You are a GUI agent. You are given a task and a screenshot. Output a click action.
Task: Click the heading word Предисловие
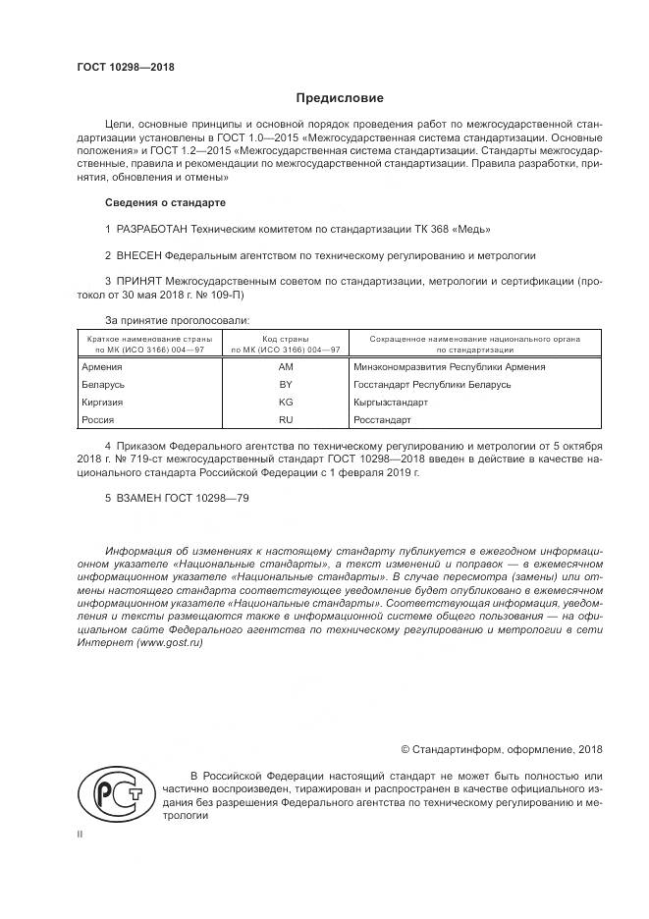340,98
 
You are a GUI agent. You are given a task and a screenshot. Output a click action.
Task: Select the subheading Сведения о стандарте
164,202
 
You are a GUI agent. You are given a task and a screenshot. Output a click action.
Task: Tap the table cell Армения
102,366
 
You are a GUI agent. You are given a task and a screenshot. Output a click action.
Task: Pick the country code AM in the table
286,366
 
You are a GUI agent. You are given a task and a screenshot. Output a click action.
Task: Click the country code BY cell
286,384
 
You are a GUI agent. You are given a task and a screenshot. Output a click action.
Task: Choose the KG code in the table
286,402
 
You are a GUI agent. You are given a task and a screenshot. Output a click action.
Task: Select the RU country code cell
286,419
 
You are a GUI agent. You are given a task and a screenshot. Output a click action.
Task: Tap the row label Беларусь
104,384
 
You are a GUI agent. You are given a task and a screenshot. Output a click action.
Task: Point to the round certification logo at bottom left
114,792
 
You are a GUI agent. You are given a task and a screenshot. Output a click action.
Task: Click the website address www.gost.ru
169,642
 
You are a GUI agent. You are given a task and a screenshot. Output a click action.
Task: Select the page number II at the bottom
80,835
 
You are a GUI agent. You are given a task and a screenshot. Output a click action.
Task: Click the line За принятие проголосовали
177,320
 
